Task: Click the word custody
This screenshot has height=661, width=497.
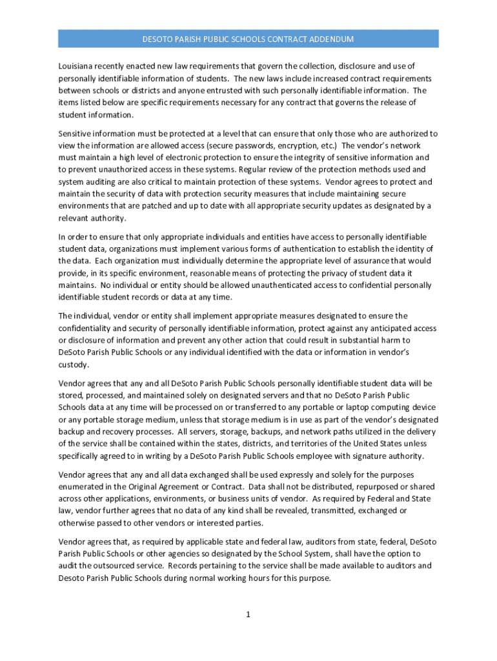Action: [x=74, y=364]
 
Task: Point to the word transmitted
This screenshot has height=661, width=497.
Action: [x=336, y=511]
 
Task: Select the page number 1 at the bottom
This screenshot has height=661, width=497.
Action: [x=248, y=614]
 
